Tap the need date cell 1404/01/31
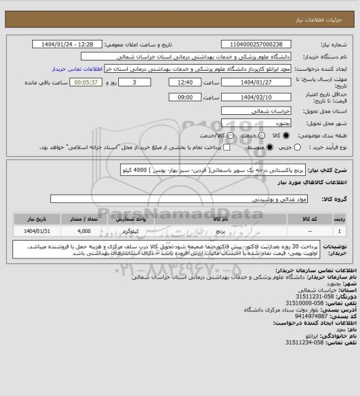pyautogui.click(x=41, y=232)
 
